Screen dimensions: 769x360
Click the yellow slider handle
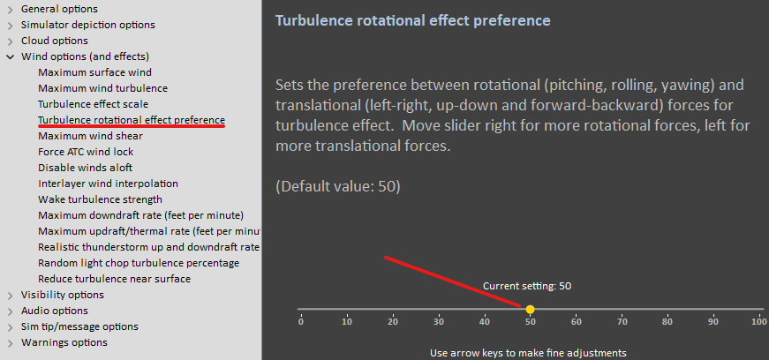point(530,309)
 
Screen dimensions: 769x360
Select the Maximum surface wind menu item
point(94,72)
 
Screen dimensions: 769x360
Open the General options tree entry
point(59,9)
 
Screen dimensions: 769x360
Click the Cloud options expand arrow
point(11,41)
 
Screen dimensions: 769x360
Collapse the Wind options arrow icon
point(11,56)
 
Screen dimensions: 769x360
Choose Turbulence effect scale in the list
point(93,104)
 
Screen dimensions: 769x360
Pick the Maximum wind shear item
point(90,136)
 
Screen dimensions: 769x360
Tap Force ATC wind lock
point(86,152)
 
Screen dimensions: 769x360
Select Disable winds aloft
point(85,168)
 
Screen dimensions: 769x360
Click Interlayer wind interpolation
point(108,184)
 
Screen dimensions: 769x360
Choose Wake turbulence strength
point(100,199)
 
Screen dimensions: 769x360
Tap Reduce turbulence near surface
point(114,279)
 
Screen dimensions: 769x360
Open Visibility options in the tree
point(63,295)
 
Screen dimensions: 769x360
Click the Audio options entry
point(55,311)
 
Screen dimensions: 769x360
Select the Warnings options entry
point(64,342)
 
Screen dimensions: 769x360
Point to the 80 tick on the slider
point(667,322)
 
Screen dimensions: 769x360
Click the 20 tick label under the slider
point(392,322)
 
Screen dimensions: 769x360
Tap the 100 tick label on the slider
point(758,322)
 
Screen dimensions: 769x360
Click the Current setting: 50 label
point(527,286)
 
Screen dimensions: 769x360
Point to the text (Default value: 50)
point(338,187)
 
